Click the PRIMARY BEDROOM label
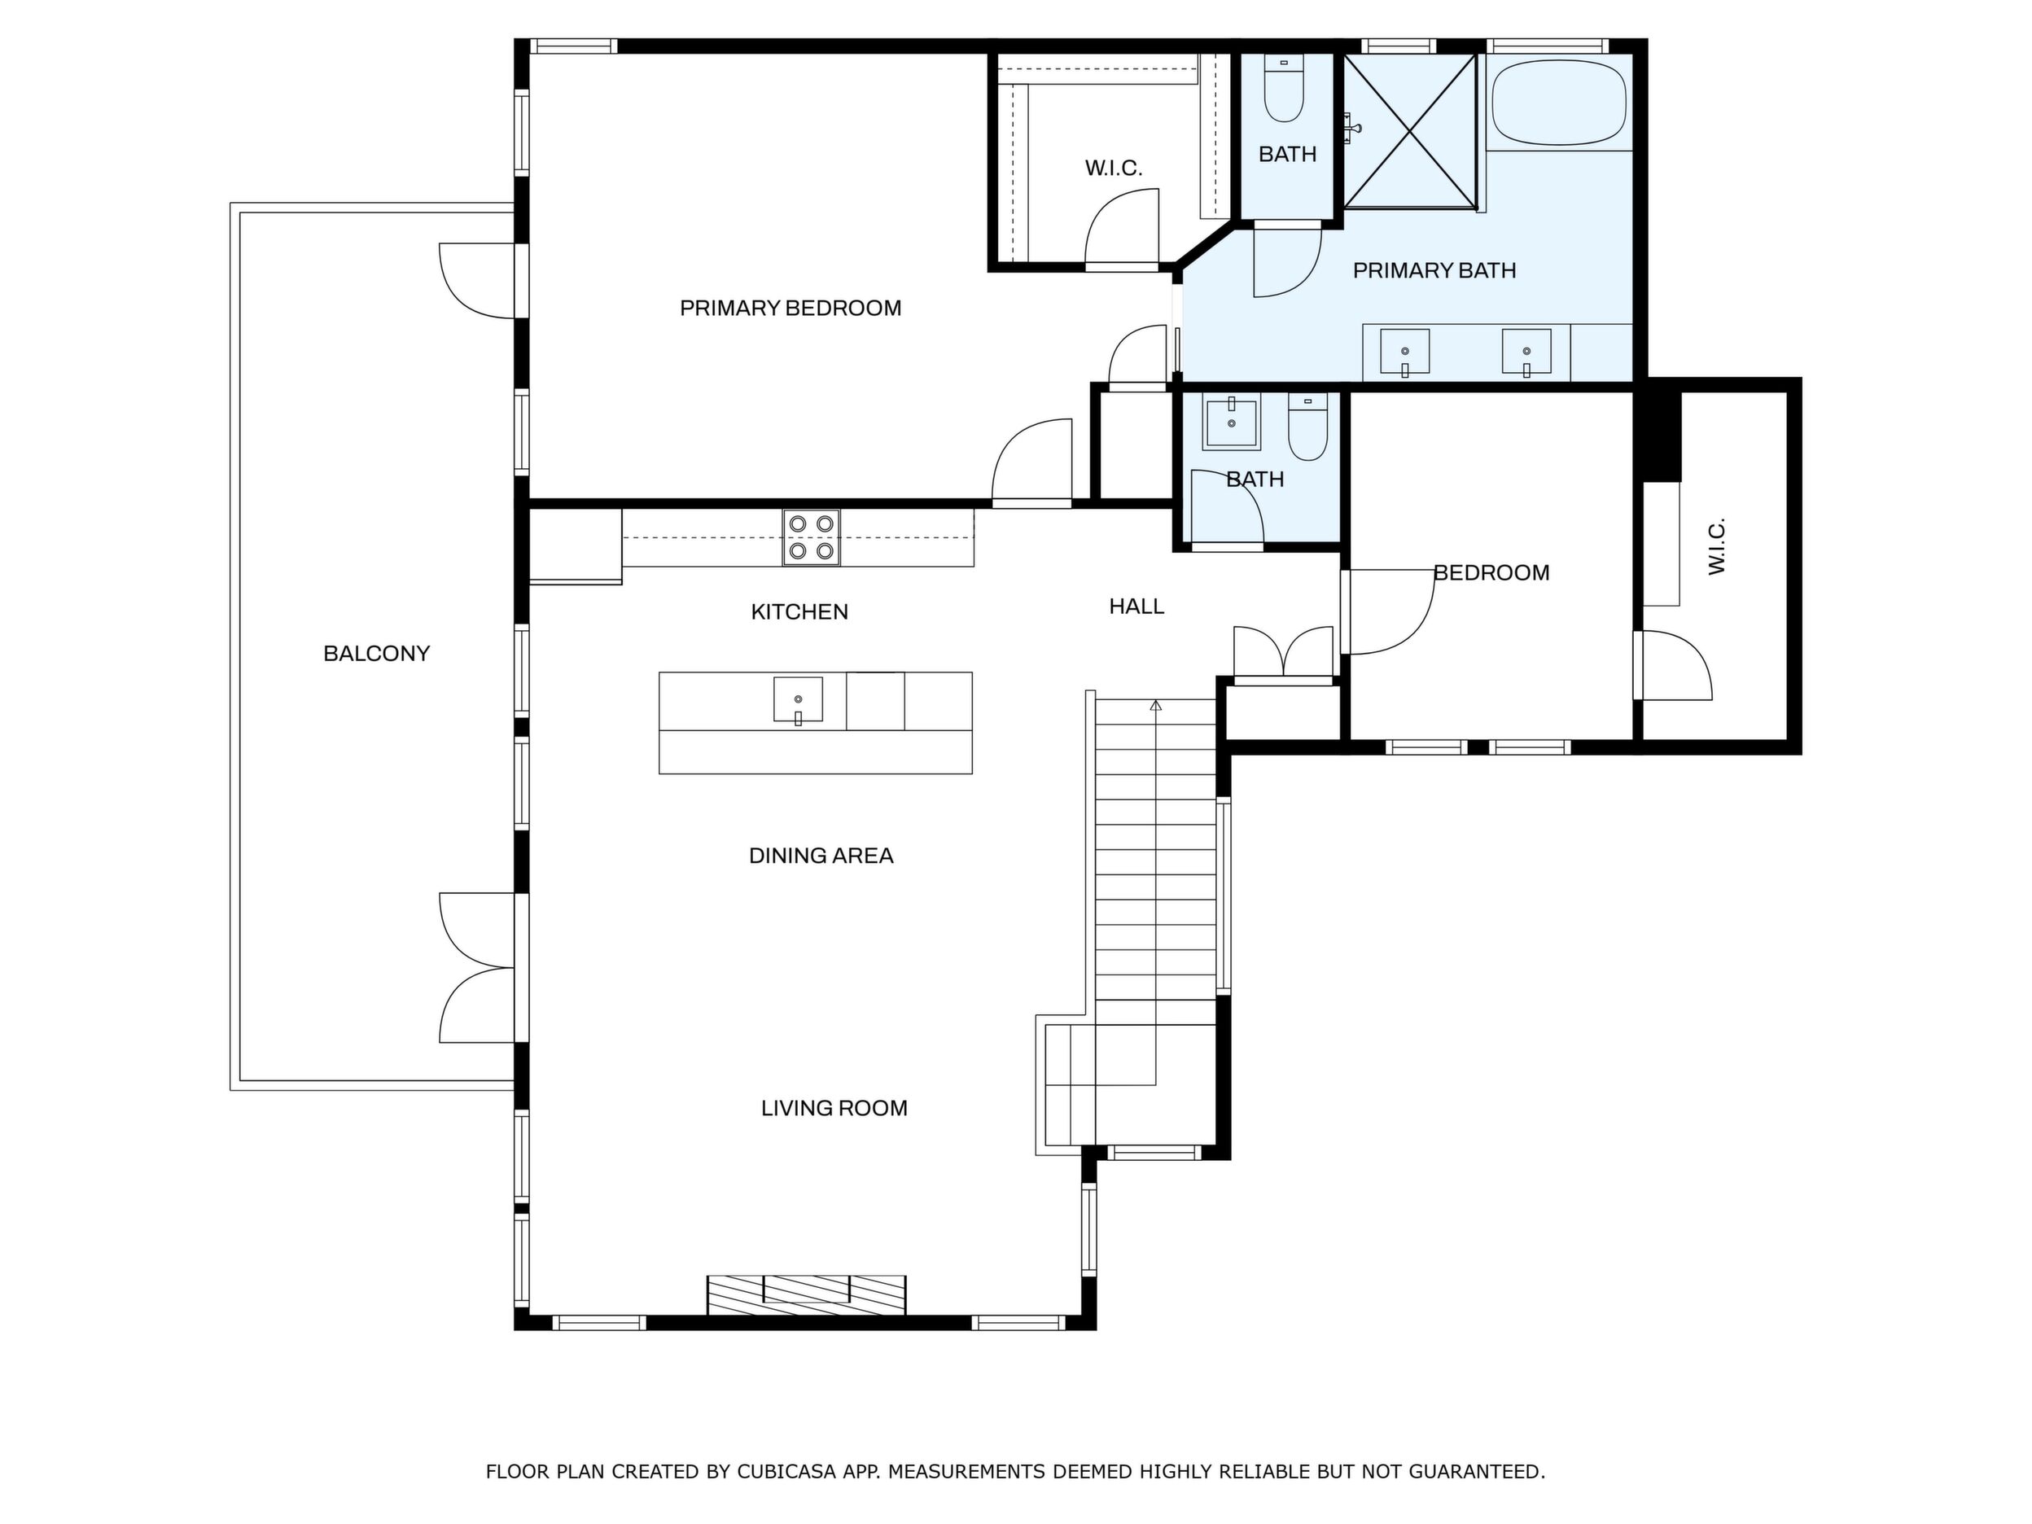(790, 308)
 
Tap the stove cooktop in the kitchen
(811, 536)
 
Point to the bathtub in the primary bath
(1558, 102)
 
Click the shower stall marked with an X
(1410, 130)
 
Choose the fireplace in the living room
(806, 1295)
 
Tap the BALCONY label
(377, 653)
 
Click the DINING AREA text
(821, 856)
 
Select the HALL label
(1136, 607)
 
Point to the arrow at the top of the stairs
(1156, 706)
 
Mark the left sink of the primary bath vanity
(1404, 353)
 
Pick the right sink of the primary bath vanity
(1526, 353)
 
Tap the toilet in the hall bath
(1308, 427)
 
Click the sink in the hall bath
(1231, 423)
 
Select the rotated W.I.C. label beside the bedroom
(1717, 546)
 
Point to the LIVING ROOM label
(834, 1108)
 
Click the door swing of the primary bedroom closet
(1122, 229)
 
